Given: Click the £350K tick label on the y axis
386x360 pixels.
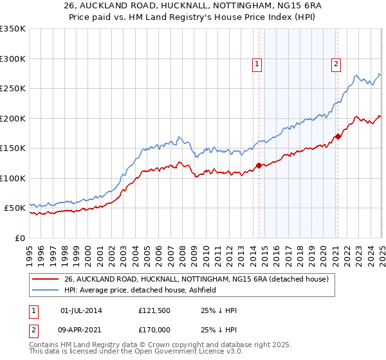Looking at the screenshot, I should (x=13, y=29).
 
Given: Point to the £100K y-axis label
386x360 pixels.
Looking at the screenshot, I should (x=13, y=178).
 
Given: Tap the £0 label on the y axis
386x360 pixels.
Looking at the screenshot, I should (x=20, y=238).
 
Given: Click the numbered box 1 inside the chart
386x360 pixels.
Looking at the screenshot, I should (x=257, y=63).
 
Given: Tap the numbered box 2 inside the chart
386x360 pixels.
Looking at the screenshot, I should (x=336, y=63).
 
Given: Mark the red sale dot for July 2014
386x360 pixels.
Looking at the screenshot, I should (x=259, y=165).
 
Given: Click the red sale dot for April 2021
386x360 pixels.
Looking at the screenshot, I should (x=338, y=136).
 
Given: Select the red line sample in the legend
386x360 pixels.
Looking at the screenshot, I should (x=45, y=279).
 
